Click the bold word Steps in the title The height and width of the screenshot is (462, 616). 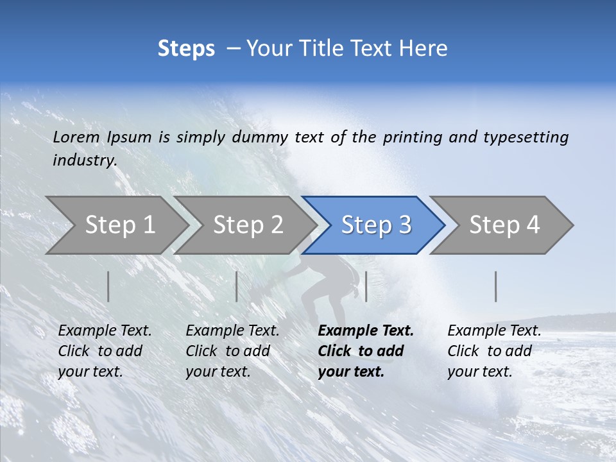coord(186,49)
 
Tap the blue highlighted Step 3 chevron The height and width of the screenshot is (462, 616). coord(375,225)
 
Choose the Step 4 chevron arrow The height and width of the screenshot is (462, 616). coord(504,225)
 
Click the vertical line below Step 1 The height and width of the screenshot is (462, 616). coord(108,286)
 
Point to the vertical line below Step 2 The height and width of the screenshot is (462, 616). coord(237,286)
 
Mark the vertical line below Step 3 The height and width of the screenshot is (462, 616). coord(366,286)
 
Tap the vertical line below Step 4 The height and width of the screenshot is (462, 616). coord(496,286)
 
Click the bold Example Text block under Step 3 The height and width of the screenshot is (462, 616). coord(364,351)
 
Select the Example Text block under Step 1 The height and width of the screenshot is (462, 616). coord(105,351)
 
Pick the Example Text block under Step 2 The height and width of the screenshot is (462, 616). coord(232,351)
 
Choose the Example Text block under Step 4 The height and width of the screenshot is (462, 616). coord(493,351)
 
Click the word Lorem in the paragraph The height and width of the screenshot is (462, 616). coord(76,137)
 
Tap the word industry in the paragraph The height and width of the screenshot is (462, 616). coord(84,160)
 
